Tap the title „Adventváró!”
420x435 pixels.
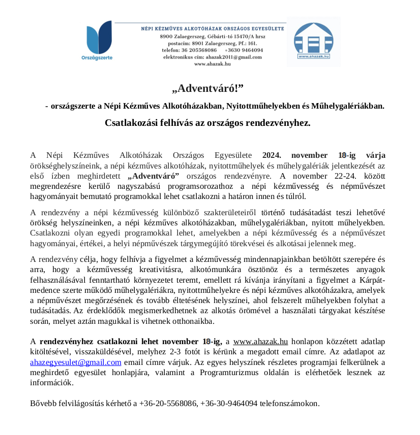coord(207,89)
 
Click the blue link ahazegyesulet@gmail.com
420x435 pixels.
coord(76,362)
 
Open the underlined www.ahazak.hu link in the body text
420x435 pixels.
coord(261,341)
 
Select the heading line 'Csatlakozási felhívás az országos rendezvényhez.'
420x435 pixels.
coord(207,123)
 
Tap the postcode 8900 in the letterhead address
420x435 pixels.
coord(166,37)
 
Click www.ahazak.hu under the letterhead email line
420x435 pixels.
coord(212,63)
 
